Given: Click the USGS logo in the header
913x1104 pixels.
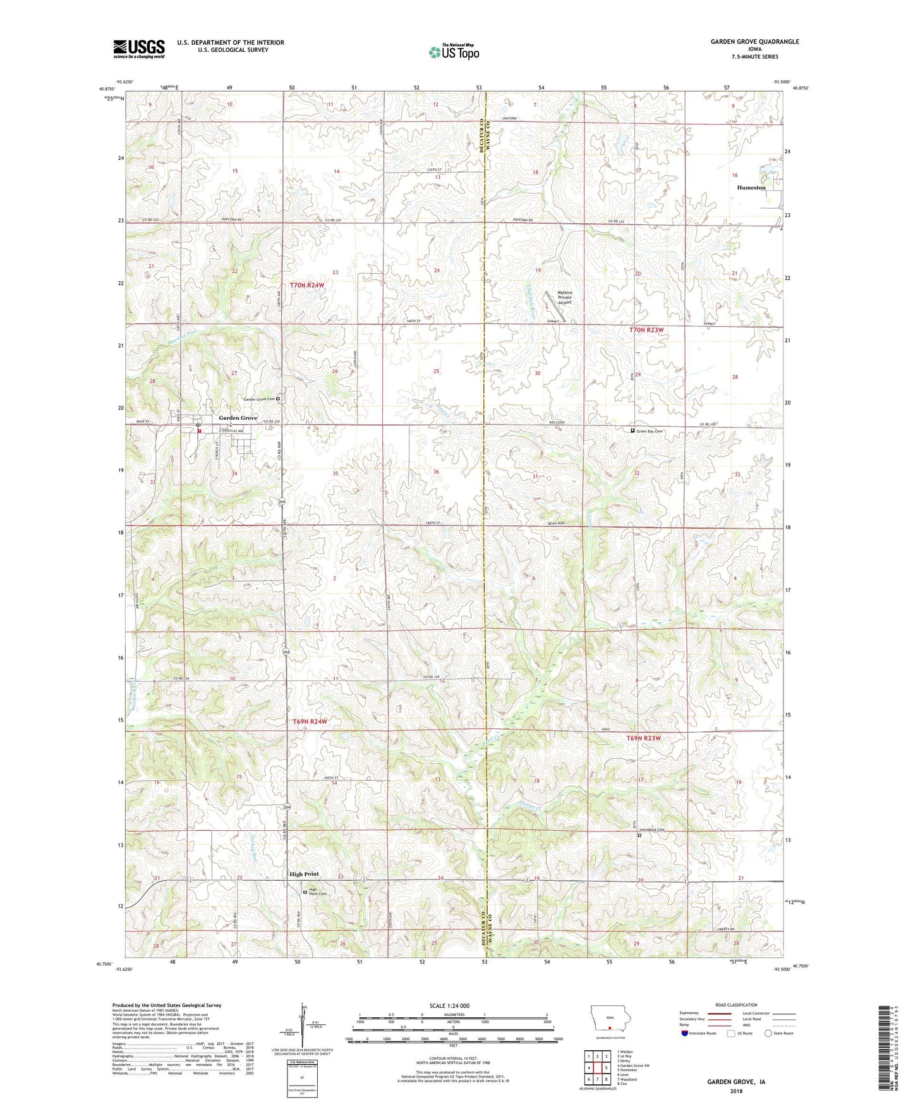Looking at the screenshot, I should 138,49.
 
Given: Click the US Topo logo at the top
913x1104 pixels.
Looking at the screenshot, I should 454,52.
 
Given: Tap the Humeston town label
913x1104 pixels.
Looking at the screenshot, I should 751,187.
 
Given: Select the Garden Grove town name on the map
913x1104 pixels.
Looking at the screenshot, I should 238,418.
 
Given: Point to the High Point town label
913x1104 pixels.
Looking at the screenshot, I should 304,874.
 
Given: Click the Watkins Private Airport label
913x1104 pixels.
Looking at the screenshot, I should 564,297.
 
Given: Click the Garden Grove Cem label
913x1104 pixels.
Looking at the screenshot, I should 260,399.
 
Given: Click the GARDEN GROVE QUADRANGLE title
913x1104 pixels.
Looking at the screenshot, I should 754,42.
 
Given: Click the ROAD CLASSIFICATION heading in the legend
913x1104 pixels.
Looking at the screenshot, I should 736,1005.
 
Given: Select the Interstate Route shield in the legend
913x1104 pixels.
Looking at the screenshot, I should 686,1034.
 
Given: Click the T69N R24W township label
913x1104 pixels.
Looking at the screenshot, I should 310,721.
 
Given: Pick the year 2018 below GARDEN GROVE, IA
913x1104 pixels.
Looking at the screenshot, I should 735,1091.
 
